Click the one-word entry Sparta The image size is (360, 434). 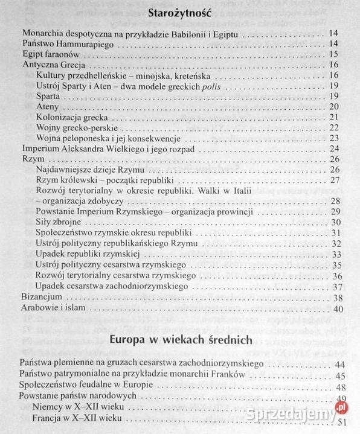point(48,96)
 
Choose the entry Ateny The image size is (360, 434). point(48,106)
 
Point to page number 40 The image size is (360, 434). point(338,309)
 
